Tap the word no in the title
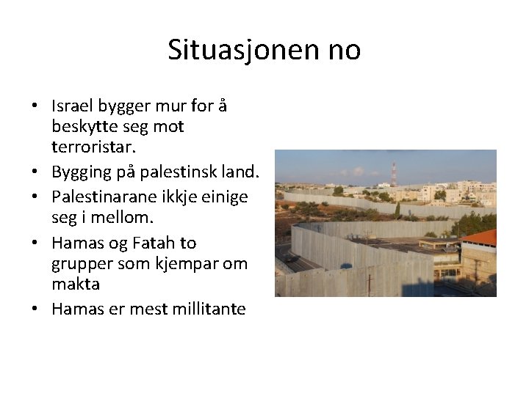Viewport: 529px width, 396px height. click(341, 50)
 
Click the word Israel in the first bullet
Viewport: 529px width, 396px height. click(71, 106)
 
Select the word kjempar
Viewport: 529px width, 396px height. click(187, 263)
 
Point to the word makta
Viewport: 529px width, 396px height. click(76, 283)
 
